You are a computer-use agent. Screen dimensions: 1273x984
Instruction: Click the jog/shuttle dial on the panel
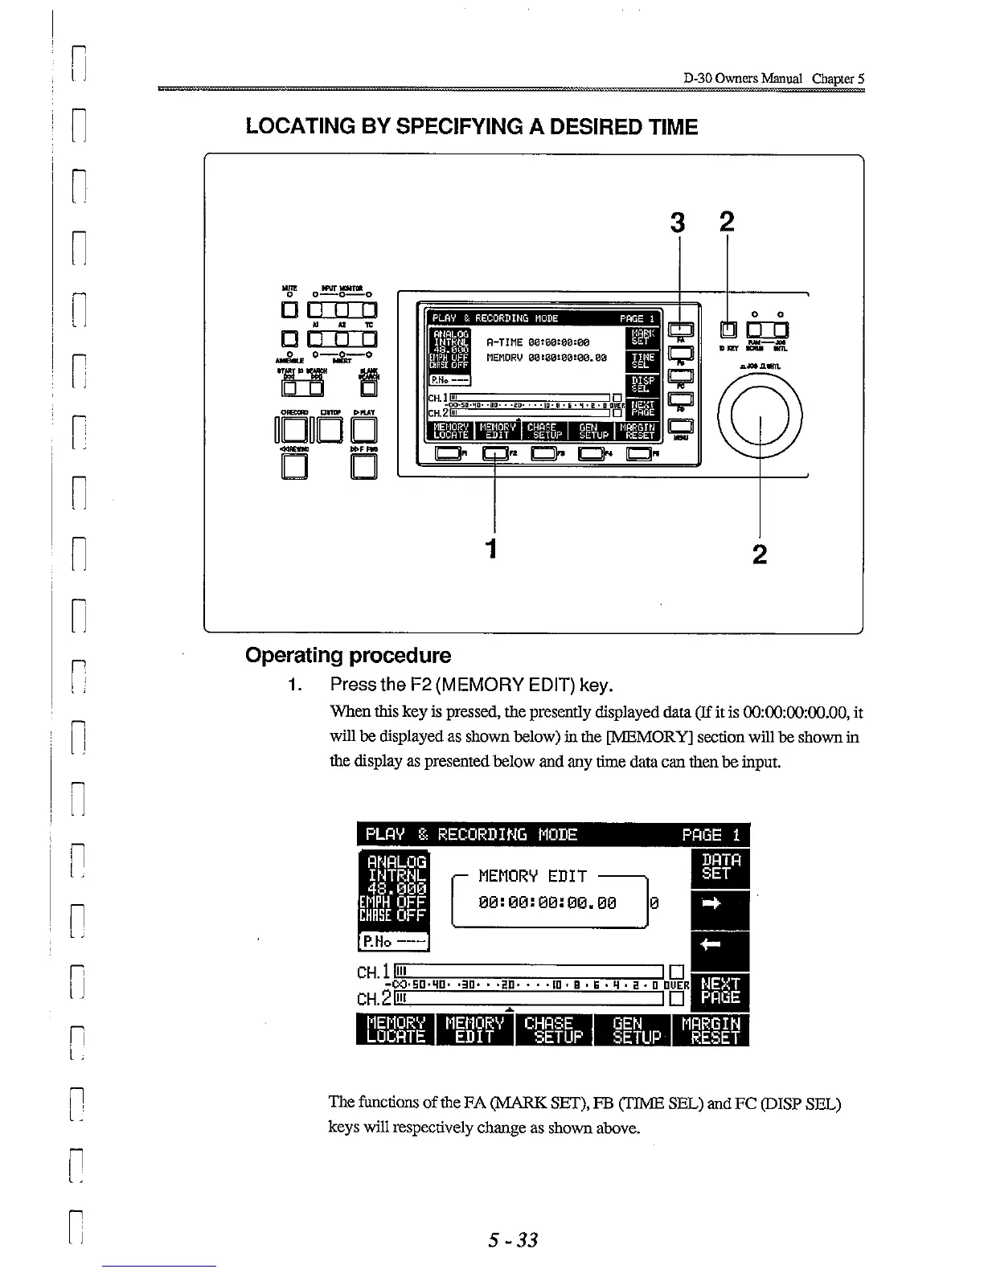pos(760,416)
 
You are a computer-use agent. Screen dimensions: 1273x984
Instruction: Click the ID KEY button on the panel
pos(728,330)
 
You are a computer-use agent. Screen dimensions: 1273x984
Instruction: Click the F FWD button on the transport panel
pos(364,466)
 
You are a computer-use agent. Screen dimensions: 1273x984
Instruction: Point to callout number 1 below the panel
pos(492,548)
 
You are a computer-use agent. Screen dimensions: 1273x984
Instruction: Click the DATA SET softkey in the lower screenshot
pos(720,867)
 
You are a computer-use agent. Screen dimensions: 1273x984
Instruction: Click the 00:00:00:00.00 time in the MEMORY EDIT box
pos(547,903)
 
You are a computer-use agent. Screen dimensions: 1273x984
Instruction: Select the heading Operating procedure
pos(348,655)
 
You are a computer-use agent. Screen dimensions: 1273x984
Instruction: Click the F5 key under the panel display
pos(640,454)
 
